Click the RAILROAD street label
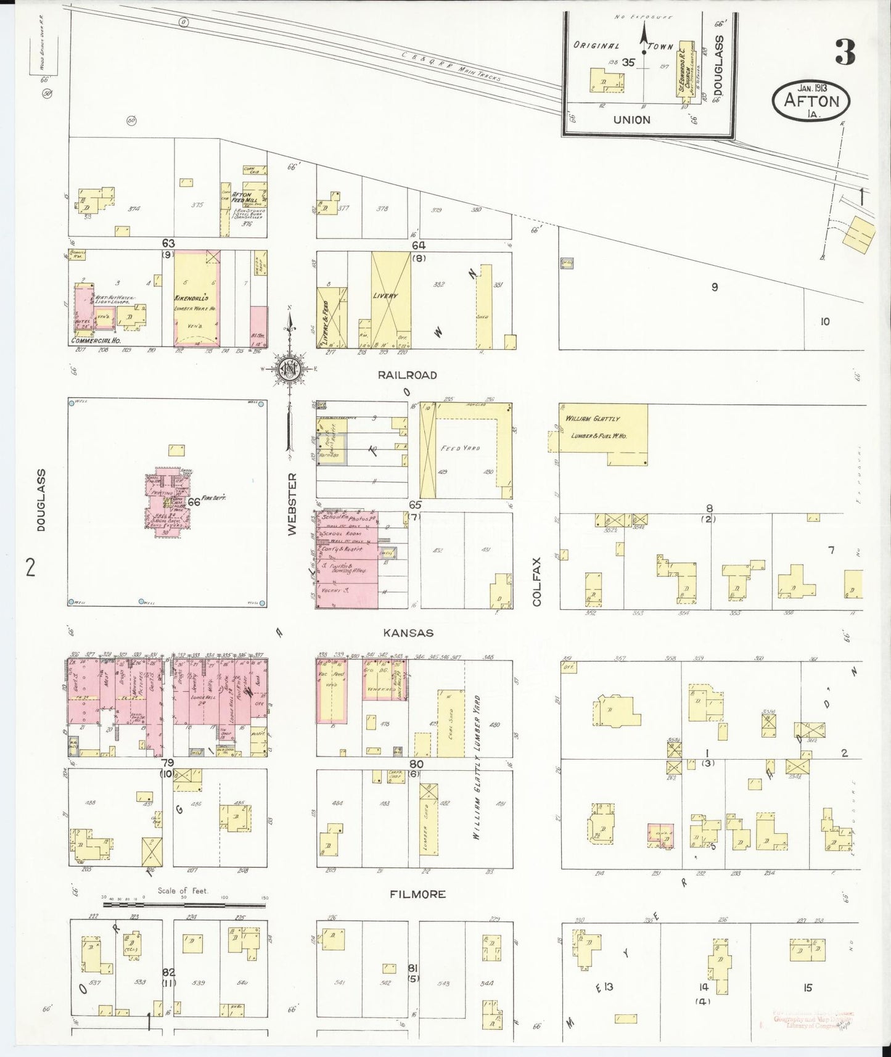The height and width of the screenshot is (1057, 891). [x=408, y=375]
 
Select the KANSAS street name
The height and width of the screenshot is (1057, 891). [x=408, y=633]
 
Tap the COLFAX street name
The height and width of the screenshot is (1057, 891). [x=536, y=582]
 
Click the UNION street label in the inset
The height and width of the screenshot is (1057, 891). [x=631, y=120]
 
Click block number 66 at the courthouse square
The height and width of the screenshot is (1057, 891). [x=194, y=502]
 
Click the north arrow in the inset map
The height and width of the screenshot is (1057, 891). [x=644, y=37]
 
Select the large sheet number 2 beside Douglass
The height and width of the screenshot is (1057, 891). [x=30, y=566]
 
